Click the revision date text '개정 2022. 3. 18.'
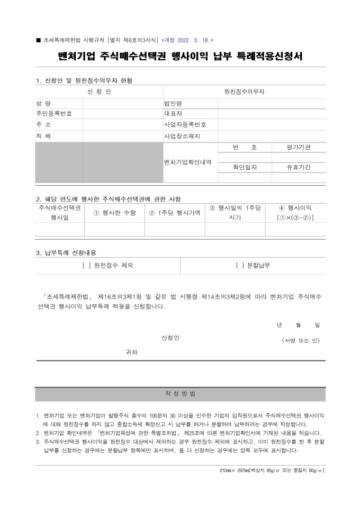[187, 40]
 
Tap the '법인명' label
[173, 103]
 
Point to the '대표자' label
[173, 114]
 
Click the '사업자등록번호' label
[185, 125]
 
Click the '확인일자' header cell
[245, 167]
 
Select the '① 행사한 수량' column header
[114, 213]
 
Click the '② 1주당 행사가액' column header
[175, 213]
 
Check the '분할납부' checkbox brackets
[239, 266]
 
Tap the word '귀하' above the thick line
[131, 352]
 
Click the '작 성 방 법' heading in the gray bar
[180, 394]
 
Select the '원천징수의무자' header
[245, 92]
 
